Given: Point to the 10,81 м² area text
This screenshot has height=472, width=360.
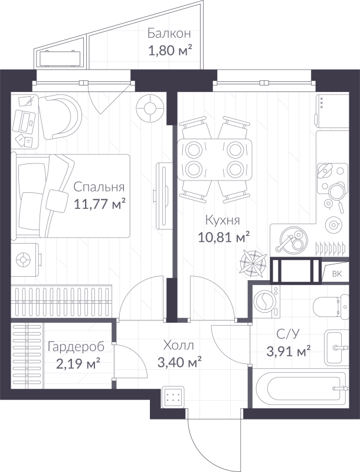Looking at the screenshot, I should coord(222,237).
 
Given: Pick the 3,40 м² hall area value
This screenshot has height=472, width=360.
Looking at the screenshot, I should coord(179,360).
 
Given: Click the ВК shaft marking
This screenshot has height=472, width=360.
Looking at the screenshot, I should coord(337,273).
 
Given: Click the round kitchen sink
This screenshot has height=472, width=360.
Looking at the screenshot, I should coord(291,240).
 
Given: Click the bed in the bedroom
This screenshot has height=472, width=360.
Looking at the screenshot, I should coord(71,195).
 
